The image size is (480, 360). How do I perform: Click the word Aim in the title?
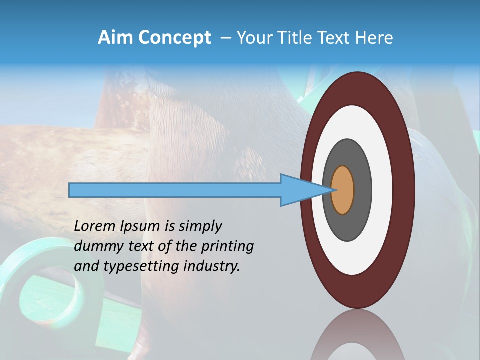(x=112, y=38)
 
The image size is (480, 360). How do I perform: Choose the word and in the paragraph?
(x=87, y=266)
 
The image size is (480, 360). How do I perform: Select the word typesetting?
(x=141, y=267)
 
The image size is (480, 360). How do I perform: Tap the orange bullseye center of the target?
(x=343, y=190)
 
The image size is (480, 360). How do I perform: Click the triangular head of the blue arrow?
(x=300, y=190)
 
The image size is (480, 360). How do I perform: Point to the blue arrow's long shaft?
(x=175, y=190)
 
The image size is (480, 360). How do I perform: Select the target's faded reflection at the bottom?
(x=357, y=337)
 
